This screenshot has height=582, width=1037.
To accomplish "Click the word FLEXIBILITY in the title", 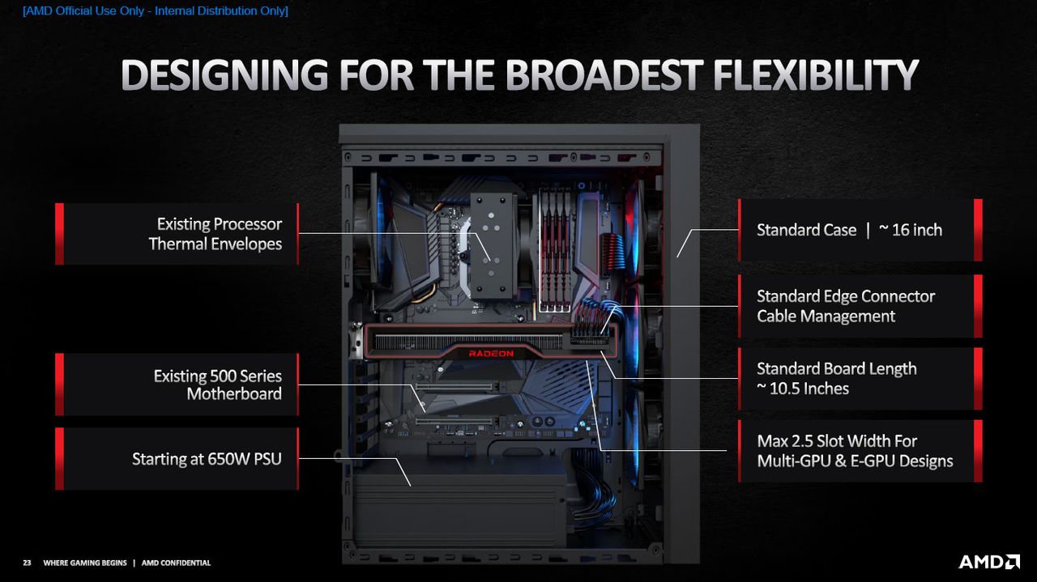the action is pos(815,74).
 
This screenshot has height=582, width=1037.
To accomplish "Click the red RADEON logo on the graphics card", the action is pos(491,354).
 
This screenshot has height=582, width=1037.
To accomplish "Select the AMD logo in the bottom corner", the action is pos(989,562).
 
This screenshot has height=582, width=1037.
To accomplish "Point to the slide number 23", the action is pos(27,563).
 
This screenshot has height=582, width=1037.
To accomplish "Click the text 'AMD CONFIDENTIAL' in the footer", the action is pos(176,563).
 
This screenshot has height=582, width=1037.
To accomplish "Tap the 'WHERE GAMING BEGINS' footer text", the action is pos(85,563).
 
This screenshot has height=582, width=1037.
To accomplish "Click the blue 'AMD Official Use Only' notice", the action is pos(156,11).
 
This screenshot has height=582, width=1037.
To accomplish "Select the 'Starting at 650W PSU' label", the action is pos(207,459).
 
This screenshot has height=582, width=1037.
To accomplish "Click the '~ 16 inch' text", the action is pos(910,230).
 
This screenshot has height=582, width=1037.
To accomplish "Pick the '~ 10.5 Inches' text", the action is pos(803,389).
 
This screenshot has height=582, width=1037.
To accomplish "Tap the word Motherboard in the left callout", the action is pos(234,393).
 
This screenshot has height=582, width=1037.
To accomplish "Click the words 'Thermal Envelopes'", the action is pos(216,244).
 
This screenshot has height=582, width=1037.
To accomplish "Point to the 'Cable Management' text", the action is pos(826,316).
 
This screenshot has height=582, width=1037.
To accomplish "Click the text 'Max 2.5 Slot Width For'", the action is pos(837,441).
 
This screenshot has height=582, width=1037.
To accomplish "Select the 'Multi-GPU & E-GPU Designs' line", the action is pos(855,461).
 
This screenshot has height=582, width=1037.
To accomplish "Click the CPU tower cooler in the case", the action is pos(492,245).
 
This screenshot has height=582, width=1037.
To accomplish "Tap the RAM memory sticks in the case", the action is pos(555,250).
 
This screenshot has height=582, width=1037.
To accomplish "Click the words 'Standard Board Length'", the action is pos(837,369).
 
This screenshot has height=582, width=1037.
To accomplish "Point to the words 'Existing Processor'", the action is pos(220,224).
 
